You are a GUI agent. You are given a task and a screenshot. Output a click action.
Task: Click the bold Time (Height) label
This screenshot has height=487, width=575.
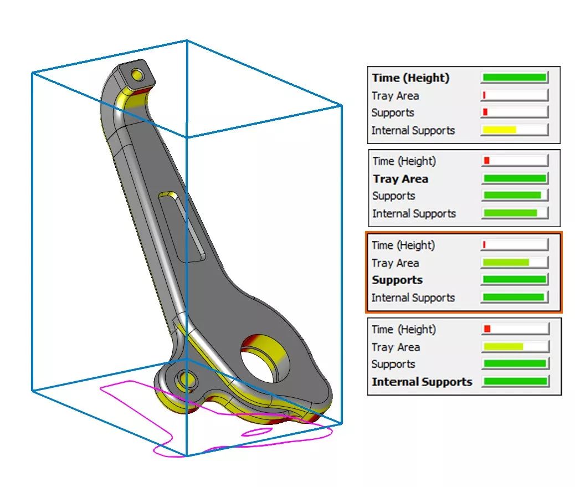[x=410, y=78]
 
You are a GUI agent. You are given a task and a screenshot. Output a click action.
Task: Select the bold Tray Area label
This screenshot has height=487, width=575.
[x=401, y=178]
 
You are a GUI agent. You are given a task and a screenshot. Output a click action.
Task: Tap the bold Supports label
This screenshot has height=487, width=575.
[x=397, y=280]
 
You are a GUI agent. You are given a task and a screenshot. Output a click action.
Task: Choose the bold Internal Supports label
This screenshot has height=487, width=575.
[x=422, y=382]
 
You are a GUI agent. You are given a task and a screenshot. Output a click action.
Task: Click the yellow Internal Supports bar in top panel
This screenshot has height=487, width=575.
[x=499, y=130]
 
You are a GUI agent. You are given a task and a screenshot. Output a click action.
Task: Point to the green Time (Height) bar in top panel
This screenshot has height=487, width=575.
[x=515, y=78]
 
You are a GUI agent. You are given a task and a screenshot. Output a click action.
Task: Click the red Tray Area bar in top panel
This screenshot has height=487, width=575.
[x=484, y=95]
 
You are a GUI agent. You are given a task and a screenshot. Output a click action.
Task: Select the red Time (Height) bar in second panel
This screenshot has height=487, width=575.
[x=486, y=160]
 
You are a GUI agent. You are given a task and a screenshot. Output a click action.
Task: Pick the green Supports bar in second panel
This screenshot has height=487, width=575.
[x=512, y=195]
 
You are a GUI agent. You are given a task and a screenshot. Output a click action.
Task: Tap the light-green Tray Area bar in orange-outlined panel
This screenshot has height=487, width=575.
[x=506, y=262]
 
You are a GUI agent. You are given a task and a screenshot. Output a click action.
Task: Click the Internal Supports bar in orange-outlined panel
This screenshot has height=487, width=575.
[x=514, y=296]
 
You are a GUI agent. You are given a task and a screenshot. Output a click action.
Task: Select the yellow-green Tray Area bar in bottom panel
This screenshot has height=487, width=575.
[x=503, y=346]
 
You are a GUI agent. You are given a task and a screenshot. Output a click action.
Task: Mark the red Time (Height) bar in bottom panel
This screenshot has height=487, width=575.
[x=487, y=329]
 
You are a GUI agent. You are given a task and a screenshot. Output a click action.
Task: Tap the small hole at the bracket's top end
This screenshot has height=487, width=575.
[x=138, y=74]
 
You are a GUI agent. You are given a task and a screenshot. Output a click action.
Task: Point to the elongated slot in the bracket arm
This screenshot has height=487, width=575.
[x=182, y=226]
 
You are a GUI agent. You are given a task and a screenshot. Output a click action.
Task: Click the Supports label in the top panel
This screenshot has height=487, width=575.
[x=393, y=112]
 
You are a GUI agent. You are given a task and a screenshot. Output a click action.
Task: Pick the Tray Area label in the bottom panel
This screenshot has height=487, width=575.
[x=396, y=347]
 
